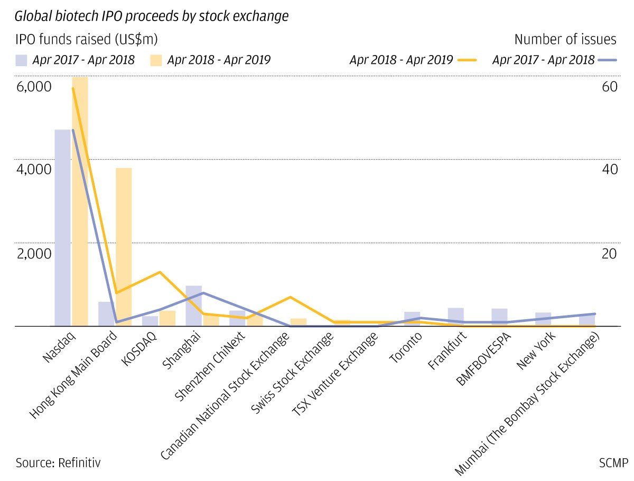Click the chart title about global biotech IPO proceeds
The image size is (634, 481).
tap(152, 16)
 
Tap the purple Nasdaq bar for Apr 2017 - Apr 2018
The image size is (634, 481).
tap(62, 227)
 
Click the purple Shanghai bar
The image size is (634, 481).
tap(193, 307)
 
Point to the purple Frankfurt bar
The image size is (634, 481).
tap(455, 317)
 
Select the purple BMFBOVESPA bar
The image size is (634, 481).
tap(499, 317)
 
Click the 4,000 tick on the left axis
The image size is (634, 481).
tap(34, 170)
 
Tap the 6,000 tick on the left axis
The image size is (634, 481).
tap(34, 86)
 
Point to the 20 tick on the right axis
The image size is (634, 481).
tap(609, 253)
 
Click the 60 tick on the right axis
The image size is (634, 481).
tap(609, 86)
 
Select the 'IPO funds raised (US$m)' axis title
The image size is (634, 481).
tap(86, 39)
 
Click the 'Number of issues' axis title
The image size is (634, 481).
tap(565, 39)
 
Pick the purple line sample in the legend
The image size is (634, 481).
tap(608, 60)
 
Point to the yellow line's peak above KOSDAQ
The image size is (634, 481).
tap(159, 272)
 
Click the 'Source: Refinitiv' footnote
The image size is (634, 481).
tap(58, 463)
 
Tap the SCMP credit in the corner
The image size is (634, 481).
tap(613, 463)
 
